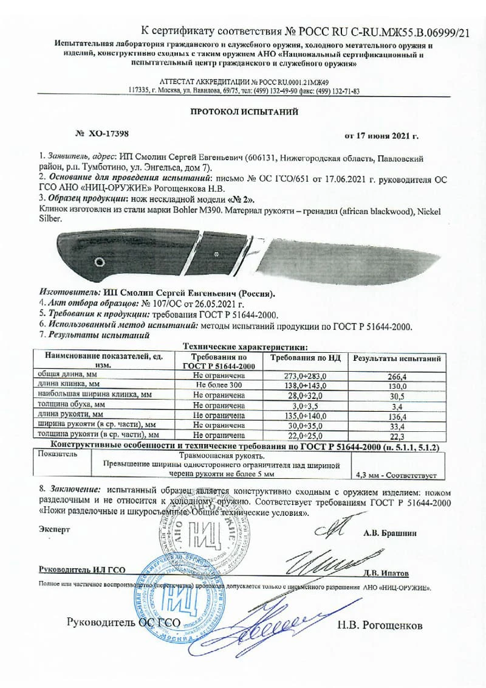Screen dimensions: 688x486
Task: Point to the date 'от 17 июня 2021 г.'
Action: click(382, 136)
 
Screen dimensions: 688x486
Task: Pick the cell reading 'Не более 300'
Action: click(219, 386)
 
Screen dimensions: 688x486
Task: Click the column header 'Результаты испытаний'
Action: click(397, 360)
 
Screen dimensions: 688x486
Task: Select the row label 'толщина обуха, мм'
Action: click(72, 404)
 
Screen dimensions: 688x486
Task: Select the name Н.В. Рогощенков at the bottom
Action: click(379, 625)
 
